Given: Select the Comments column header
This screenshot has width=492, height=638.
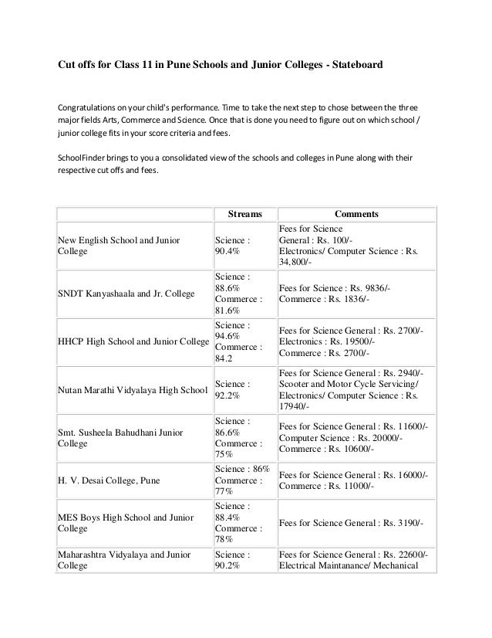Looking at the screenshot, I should [355, 214].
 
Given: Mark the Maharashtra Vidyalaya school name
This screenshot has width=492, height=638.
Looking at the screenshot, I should [119, 560].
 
